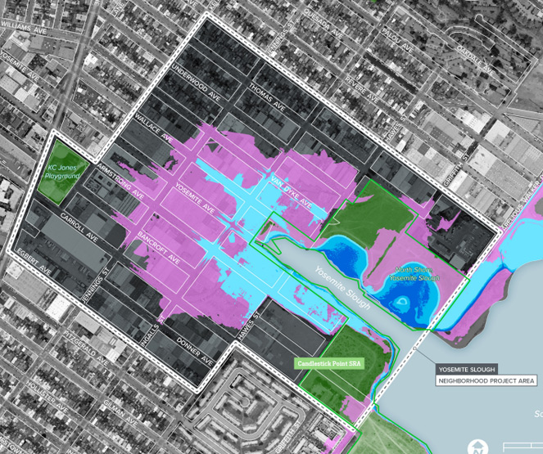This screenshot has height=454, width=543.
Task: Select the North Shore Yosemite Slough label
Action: (x=417, y=274)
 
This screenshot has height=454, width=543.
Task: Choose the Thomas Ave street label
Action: (x=267, y=98)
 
